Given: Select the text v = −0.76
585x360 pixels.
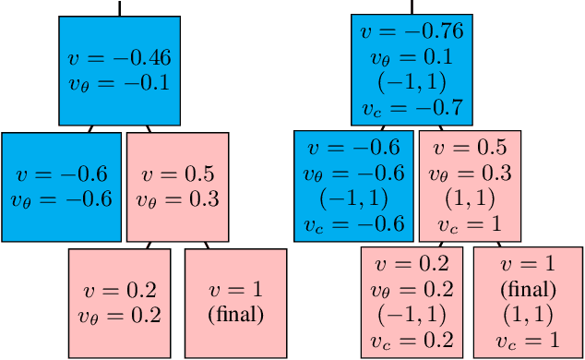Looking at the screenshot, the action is [x=412, y=31].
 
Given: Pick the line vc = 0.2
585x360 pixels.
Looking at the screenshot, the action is [x=412, y=340].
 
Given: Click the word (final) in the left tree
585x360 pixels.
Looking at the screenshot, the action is [x=236, y=314].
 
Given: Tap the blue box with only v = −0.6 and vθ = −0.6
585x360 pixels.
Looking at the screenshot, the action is [x=61, y=186].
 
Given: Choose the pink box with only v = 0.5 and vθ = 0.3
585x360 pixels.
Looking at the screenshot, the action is [x=178, y=186].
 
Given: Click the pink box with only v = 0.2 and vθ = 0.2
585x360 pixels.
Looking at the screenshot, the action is [x=119, y=303].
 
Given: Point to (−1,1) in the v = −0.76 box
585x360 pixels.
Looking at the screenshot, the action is [x=412, y=81].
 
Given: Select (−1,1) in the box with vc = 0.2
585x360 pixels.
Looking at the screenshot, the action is [x=412, y=314].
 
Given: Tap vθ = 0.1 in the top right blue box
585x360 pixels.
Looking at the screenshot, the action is [x=412, y=56].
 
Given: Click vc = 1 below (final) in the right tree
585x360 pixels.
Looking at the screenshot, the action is [x=528, y=340].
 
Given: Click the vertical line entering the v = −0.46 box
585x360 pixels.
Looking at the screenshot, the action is [x=119, y=7].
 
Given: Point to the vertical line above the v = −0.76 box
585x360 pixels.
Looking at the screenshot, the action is [x=412, y=6].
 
